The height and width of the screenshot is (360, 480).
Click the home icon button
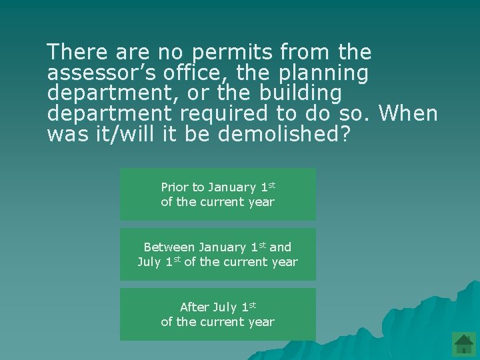[x=463, y=344]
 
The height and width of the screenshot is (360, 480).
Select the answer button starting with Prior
[x=218, y=194]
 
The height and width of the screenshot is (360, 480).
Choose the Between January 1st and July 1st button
[x=218, y=254]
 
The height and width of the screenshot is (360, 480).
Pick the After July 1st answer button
[x=218, y=314]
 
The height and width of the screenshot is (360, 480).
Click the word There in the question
[x=76, y=51]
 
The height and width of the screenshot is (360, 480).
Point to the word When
[x=407, y=113]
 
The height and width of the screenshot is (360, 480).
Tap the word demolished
[x=283, y=134]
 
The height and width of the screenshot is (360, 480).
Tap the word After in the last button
[x=195, y=307]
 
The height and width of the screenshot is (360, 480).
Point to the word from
[x=303, y=51]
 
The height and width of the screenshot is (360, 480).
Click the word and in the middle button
[x=281, y=247]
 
